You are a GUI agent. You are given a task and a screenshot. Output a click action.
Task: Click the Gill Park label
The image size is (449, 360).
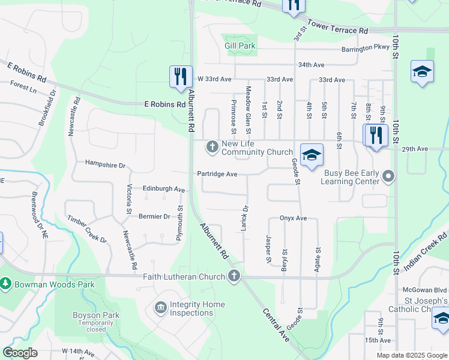click(x=240, y=46)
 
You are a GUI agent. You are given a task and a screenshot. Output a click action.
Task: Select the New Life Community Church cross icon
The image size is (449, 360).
click(x=212, y=146)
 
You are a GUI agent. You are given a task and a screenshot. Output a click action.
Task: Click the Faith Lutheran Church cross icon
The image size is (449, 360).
click(x=234, y=277)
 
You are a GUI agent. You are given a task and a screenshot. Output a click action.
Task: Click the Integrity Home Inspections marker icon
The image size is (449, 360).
click(x=160, y=308)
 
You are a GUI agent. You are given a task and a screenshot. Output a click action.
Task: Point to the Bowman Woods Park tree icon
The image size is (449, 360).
click(x=5, y=283)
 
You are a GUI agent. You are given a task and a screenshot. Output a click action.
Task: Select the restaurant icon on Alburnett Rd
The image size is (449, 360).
click(x=181, y=77)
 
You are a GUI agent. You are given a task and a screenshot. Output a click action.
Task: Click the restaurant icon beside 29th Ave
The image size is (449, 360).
click(x=376, y=136)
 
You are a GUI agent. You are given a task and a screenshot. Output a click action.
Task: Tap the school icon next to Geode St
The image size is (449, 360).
click(x=311, y=155)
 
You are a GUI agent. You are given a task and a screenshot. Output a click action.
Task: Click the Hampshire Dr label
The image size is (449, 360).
click(x=105, y=164)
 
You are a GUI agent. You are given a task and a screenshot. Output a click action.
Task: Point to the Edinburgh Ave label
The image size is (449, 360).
click(x=163, y=188)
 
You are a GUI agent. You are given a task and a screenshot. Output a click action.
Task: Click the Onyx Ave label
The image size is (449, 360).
click(x=293, y=218)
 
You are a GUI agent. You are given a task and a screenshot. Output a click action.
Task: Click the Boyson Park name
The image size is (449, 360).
click(x=96, y=315)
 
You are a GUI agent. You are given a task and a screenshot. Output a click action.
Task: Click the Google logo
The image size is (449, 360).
click(x=20, y=353)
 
